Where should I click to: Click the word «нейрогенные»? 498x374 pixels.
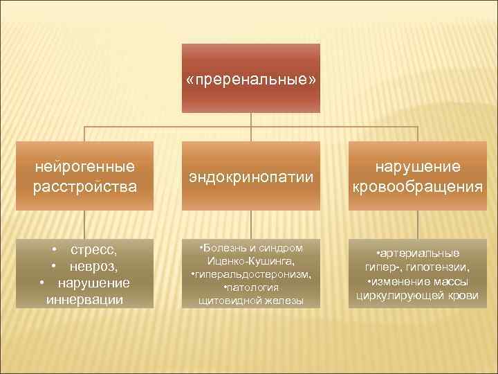pyautogui.click(x=84, y=167)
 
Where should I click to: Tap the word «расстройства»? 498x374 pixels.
pyautogui.click(x=84, y=186)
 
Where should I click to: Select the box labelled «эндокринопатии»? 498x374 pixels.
pyautogui.click(x=251, y=178)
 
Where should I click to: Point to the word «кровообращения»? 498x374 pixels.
pyautogui.click(x=417, y=186)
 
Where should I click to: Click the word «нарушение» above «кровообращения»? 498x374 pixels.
pyautogui.click(x=417, y=167)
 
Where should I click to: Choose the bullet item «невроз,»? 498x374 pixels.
pyautogui.click(x=93, y=266)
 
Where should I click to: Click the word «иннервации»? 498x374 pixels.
pyautogui.click(x=84, y=299)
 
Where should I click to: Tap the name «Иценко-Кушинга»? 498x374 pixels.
pyautogui.click(x=250, y=261)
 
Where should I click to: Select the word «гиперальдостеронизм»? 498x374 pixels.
pyautogui.click(x=252, y=274)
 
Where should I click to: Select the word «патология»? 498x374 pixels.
pyautogui.click(x=253, y=287)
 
